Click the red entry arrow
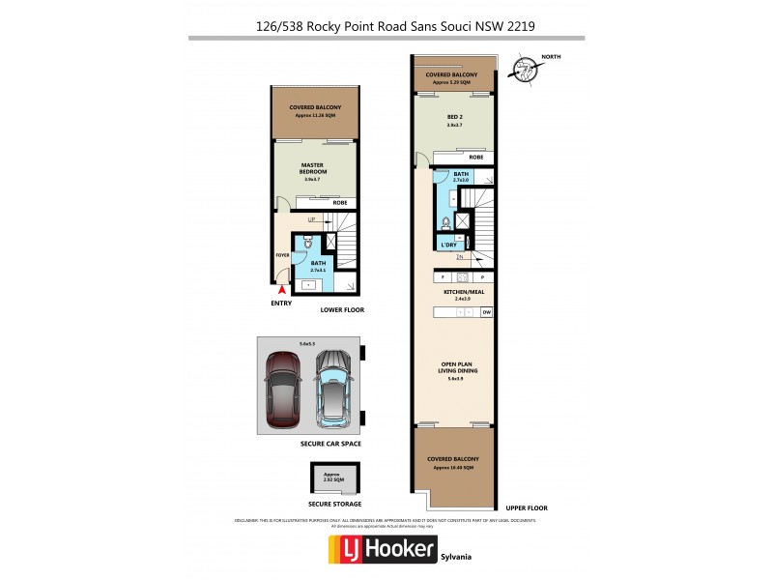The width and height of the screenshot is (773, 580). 281,288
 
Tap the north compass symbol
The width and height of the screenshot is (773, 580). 524,69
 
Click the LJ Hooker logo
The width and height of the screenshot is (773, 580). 384,551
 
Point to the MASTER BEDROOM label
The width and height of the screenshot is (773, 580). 311,170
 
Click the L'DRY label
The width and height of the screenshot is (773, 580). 448,246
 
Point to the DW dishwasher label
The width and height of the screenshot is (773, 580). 487,313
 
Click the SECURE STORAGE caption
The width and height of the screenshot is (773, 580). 334,504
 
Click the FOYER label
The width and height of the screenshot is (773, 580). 282,255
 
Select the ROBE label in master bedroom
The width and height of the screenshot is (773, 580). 339,202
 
